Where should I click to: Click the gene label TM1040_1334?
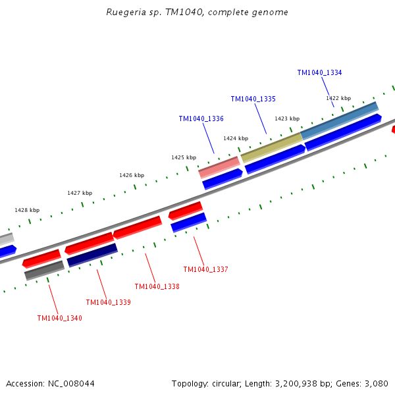(319, 73)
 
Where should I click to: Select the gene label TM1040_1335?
(253, 99)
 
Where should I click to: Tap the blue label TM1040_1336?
(201, 118)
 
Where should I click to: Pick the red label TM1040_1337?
(205, 269)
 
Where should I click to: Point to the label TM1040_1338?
(157, 286)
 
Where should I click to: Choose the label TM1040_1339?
(109, 302)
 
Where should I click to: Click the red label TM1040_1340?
(60, 318)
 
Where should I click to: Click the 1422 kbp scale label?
(338, 98)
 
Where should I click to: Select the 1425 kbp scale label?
(184, 157)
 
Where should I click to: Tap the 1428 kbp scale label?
(27, 210)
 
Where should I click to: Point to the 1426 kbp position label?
(132, 175)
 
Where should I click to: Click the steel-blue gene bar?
(340, 121)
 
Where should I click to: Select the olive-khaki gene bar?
(271, 148)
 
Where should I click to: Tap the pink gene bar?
(219, 167)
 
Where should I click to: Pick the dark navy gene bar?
(92, 255)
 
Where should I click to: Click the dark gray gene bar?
(44, 271)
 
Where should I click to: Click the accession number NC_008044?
(71, 384)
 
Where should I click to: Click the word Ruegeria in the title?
(126, 13)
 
